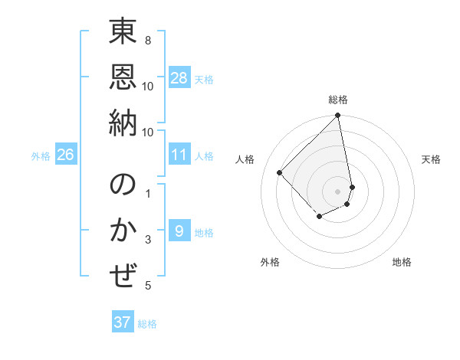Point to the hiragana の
click(123, 186)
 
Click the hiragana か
click(123, 231)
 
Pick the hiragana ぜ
click(123, 274)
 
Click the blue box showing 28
click(179, 77)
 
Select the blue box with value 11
click(179, 155)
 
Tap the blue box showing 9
click(179, 231)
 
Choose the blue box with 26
click(66, 155)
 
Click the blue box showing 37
click(123, 322)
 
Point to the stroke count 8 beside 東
click(148, 41)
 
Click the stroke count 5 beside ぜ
click(148, 286)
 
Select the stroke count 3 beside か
click(148, 241)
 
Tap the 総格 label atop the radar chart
click(338, 100)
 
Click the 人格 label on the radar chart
click(245, 159)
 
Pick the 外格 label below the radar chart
click(269, 262)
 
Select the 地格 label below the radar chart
click(402, 262)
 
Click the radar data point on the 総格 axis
click(338, 116)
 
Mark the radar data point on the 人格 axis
click(280, 172)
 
